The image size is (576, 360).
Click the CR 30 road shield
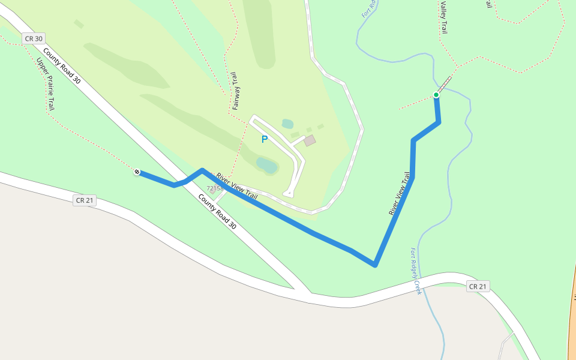pyautogui.click(x=34, y=38)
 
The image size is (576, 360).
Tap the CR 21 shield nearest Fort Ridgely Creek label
pyautogui.click(x=478, y=286)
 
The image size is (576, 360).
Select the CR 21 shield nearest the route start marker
pyautogui.click(x=85, y=200)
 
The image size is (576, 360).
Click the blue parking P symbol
pyautogui.click(x=264, y=139)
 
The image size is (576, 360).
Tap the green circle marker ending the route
pyautogui.click(x=436, y=95)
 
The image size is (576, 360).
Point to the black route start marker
pyautogui.click(x=137, y=172)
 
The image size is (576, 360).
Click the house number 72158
pyautogui.click(x=215, y=188)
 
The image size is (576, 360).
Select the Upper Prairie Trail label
pyautogui.click(x=46, y=84)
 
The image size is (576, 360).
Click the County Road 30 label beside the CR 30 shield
pyautogui.click(x=62, y=67)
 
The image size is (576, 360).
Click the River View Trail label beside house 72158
pyautogui.click(x=237, y=186)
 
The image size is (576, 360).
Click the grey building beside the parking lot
pyautogui.click(x=310, y=140)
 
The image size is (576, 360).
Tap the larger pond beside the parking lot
pyautogui.click(x=266, y=165)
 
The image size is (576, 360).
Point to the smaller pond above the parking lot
pyautogui.click(x=287, y=124)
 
